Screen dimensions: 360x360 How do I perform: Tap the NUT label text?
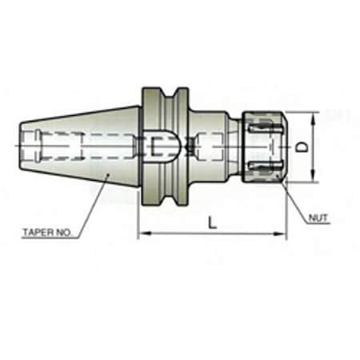click(318, 217)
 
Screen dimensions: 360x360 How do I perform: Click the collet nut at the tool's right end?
click(265, 146)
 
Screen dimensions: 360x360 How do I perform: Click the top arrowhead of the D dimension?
click(311, 114)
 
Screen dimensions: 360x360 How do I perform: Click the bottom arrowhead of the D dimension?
click(311, 179)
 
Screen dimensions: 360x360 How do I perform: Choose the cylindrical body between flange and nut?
click(214, 146)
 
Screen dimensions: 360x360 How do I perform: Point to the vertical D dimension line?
click(311, 160)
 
